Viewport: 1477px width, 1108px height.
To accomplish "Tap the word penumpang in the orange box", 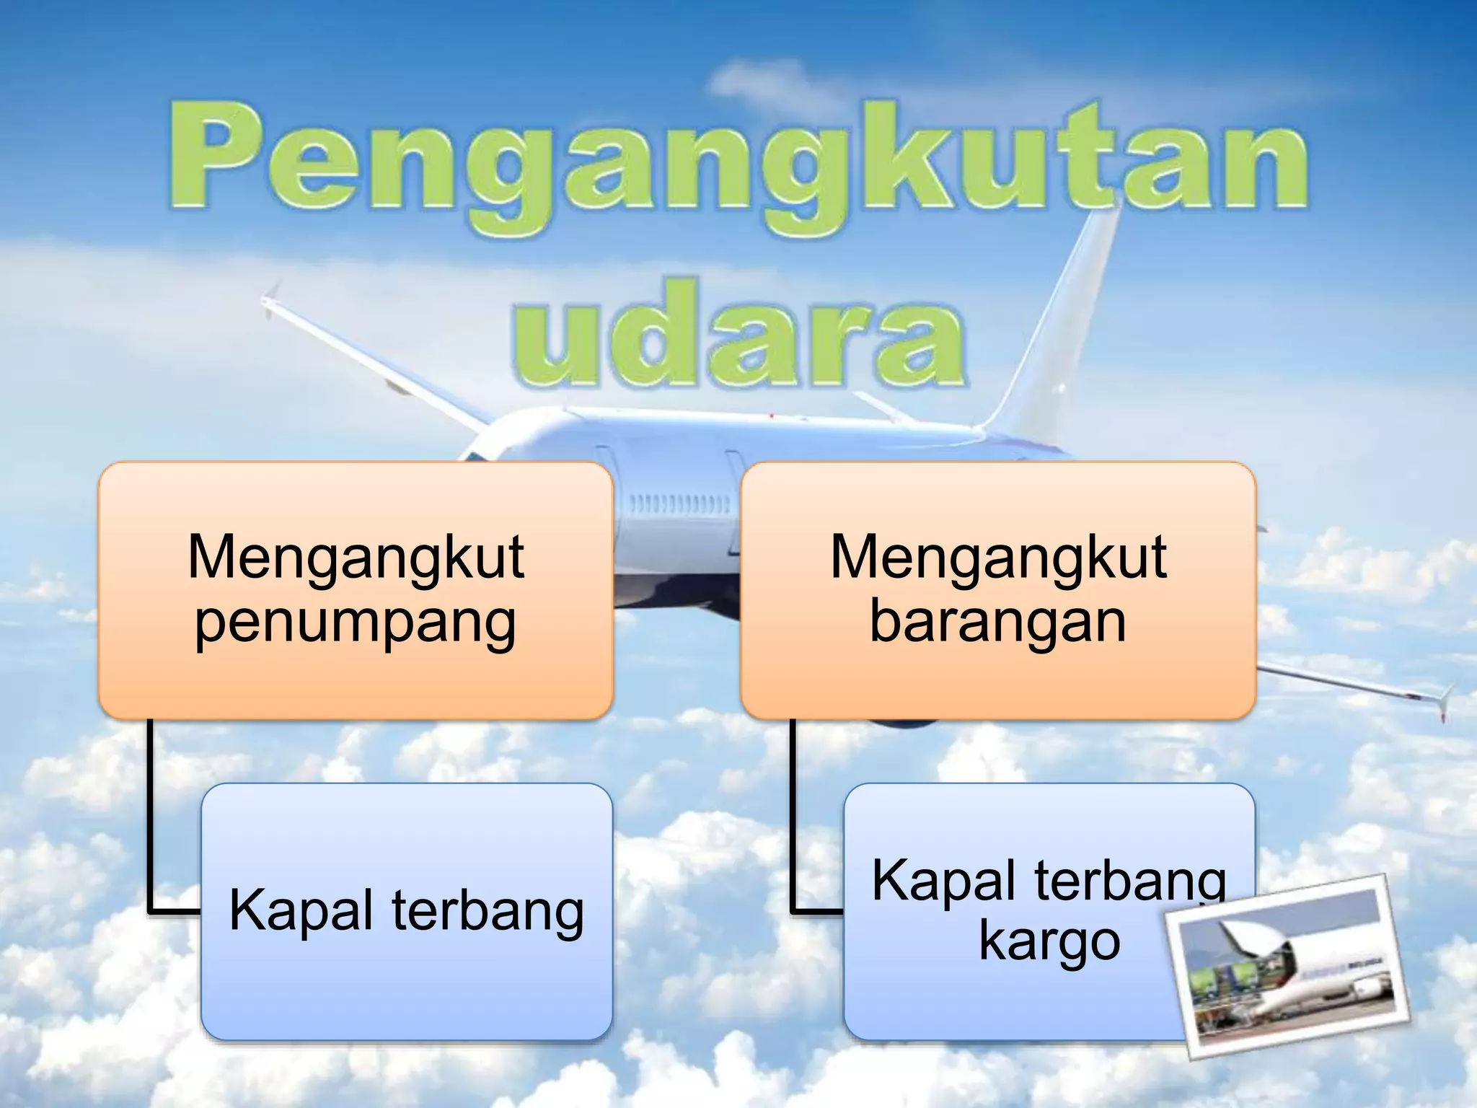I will click(x=356, y=622).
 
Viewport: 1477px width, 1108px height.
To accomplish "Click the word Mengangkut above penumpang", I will click(x=356, y=557).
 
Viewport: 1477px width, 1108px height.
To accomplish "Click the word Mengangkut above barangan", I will click(x=998, y=557).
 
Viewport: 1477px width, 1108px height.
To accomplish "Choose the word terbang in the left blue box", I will click(x=488, y=910).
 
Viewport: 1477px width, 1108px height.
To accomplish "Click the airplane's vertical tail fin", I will click(x=1060, y=317).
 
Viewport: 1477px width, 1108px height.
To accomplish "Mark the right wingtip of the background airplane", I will click(x=1445, y=698).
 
